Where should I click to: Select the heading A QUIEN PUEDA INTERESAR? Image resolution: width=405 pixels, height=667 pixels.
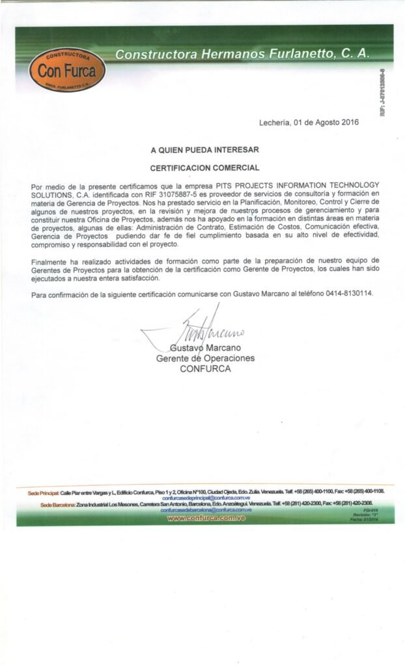(205, 149)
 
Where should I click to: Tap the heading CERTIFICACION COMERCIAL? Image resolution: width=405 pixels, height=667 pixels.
(205, 167)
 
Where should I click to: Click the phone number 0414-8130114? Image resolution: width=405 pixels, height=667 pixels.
(350, 294)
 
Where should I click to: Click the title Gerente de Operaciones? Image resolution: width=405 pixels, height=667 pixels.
(205, 358)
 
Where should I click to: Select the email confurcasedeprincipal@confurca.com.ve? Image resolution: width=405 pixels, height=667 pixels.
(201, 498)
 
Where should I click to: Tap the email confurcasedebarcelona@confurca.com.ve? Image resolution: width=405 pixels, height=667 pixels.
(202, 510)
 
